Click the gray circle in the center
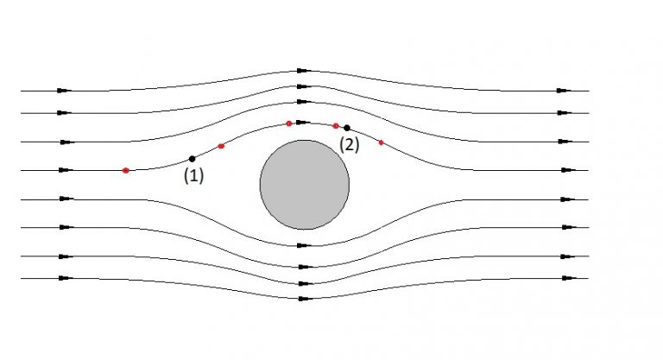tap(305, 184)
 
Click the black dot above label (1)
tap(192, 158)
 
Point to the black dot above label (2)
tap(347, 128)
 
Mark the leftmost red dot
tap(126, 170)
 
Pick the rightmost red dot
tap(381, 142)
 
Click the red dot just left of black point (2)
tap(336, 126)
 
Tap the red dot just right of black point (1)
tap(221, 146)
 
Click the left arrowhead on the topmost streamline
tap(64, 91)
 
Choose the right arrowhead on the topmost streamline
tap(564, 91)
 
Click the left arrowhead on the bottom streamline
tap(64, 278)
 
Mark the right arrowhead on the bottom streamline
tap(564, 278)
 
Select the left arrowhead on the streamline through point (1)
tap(64, 170)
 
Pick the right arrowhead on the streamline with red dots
tap(564, 170)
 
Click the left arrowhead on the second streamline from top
tap(64, 112)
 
